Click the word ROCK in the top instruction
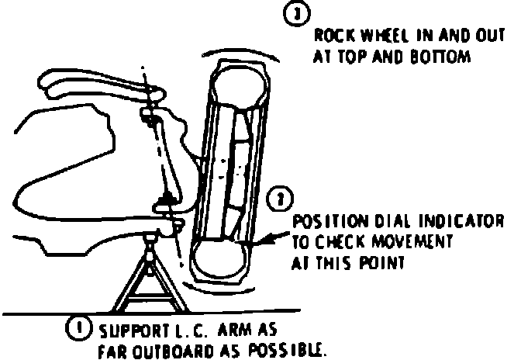point(330,36)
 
